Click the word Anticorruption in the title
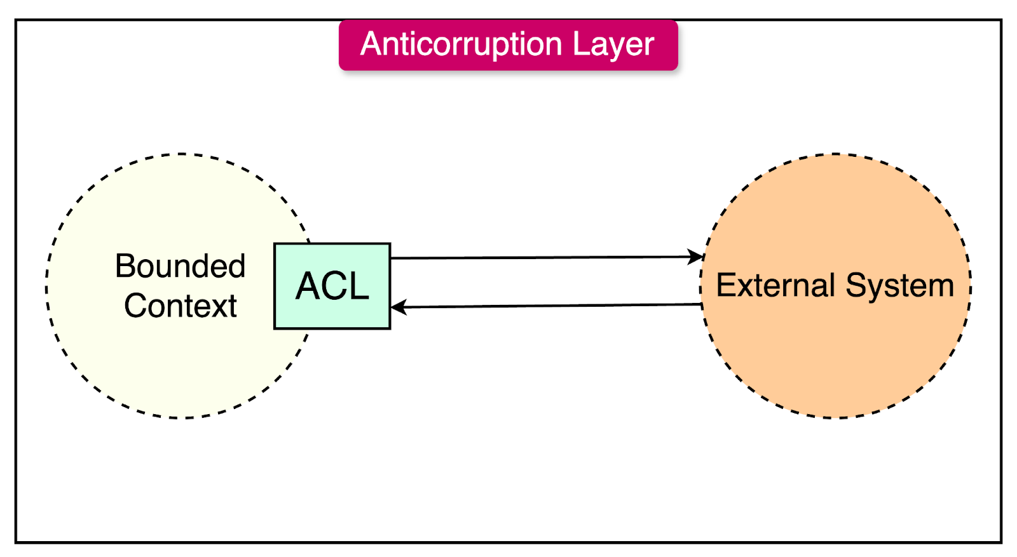coord(461,44)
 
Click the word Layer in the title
coord(613,44)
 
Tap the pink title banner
coord(508,60)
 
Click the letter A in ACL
coord(310,286)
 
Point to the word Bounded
coord(180,266)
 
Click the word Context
coord(180,306)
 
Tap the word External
coord(775,285)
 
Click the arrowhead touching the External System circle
coord(697,257)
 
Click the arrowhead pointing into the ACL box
coord(399,307)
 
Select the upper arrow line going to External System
coord(540,258)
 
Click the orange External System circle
coord(836,356)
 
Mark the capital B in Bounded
coord(125,266)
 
